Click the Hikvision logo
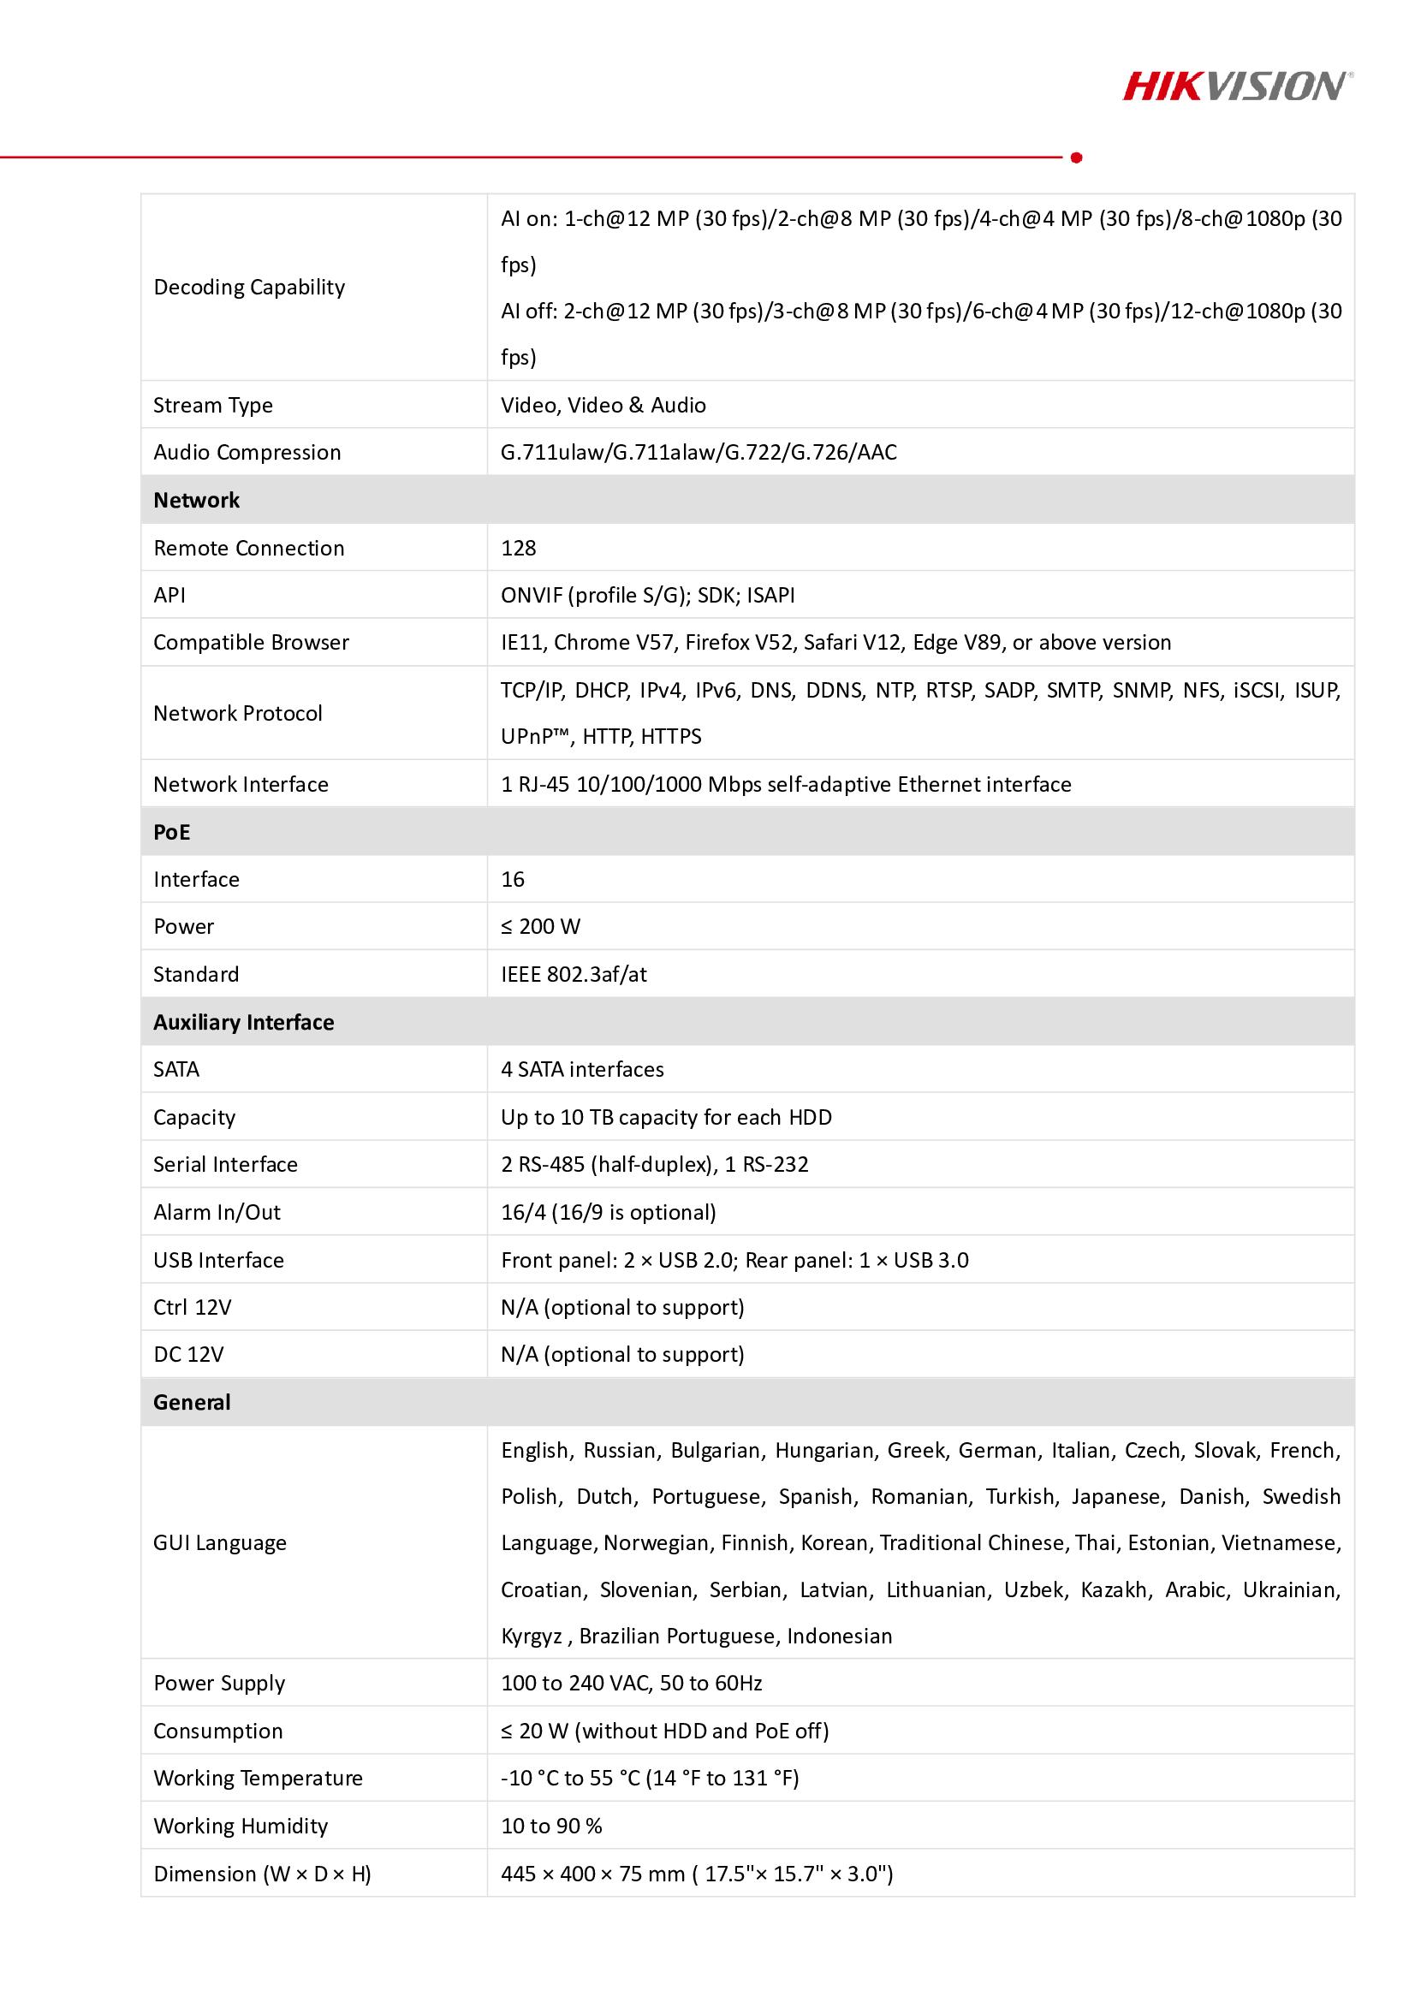pyautogui.click(x=1237, y=86)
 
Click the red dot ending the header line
pyautogui.click(x=1076, y=157)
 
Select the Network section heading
pyautogui.click(x=196, y=500)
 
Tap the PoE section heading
pyautogui.click(x=172, y=832)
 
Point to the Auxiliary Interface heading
pyautogui.click(x=243, y=1022)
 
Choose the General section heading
pyautogui.click(x=192, y=1402)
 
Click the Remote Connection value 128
pyautogui.click(x=519, y=548)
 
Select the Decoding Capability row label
pyautogui.click(x=249, y=287)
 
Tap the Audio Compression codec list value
pyautogui.click(x=699, y=452)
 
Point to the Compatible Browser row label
pyautogui.click(x=251, y=643)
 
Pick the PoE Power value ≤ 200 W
pyautogui.click(x=540, y=926)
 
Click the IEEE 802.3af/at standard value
pyautogui.click(x=574, y=974)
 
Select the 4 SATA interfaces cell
pyautogui.click(x=582, y=1069)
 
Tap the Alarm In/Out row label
pyautogui.click(x=217, y=1212)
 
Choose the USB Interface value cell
pyautogui.click(x=734, y=1260)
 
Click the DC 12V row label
pyautogui.click(x=188, y=1354)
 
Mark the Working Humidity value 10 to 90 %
pyautogui.click(x=551, y=1826)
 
